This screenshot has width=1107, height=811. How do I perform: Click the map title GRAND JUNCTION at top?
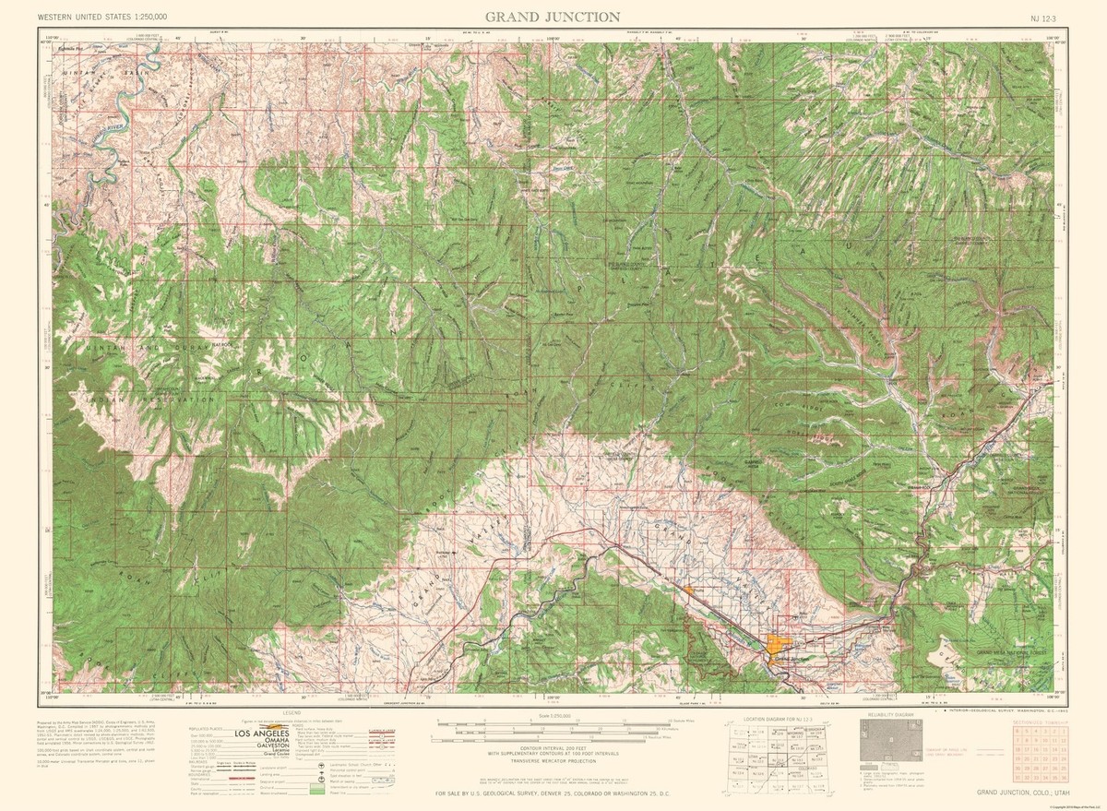click(x=553, y=17)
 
